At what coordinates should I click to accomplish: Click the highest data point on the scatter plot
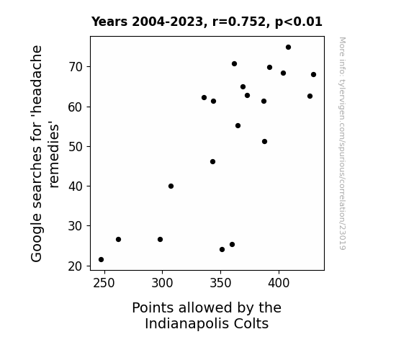288,48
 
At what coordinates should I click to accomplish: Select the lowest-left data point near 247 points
101,260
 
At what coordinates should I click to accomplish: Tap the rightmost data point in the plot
313,75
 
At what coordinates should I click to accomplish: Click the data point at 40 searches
171,186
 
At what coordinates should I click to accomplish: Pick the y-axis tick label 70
76,67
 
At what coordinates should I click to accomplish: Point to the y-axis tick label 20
76,266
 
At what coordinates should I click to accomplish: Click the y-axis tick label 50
76,147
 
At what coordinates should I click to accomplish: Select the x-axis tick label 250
104,283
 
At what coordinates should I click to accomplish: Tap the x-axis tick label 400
279,283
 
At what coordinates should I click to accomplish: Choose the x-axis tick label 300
162,283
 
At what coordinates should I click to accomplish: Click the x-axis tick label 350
220,283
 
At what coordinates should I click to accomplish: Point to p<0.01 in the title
299,22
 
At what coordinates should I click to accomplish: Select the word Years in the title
109,22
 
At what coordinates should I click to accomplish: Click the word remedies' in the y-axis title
53,155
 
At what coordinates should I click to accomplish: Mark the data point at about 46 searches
213,162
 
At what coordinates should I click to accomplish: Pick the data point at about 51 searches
264,142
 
